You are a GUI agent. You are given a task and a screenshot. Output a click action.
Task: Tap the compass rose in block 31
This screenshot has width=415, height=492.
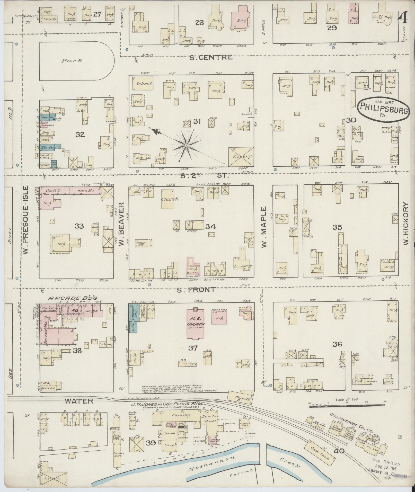(186, 146)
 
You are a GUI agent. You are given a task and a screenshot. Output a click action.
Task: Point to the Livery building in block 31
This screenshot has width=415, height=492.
(241, 157)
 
